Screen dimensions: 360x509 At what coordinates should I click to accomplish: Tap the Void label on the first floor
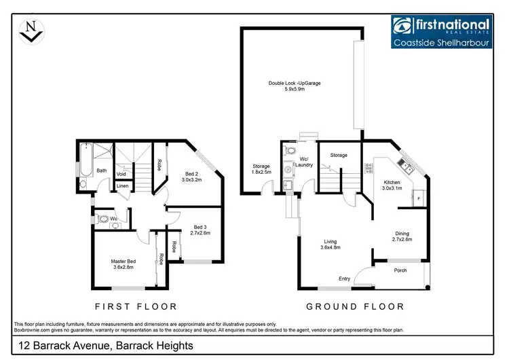click(120, 173)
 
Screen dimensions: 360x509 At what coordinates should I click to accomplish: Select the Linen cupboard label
click(122, 185)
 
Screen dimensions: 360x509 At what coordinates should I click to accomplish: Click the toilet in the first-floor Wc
click(102, 219)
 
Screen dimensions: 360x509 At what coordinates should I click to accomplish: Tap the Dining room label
click(403, 236)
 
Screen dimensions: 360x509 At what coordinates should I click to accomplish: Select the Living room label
click(331, 243)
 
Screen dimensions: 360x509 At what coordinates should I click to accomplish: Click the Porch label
click(400, 269)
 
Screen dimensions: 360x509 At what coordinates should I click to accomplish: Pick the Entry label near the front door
click(345, 279)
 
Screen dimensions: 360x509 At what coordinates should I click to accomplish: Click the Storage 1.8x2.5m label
click(261, 169)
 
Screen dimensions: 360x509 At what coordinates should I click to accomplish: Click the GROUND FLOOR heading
click(355, 306)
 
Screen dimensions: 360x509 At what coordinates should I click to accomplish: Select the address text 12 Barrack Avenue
click(102, 346)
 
